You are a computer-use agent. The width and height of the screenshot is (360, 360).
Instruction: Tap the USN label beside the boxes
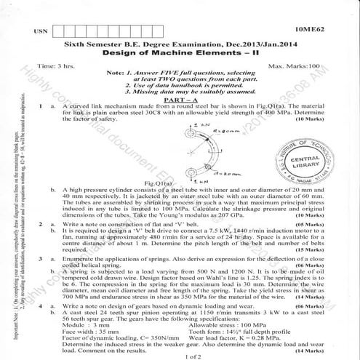[43, 32]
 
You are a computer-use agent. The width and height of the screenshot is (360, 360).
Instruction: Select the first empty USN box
[61, 31]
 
